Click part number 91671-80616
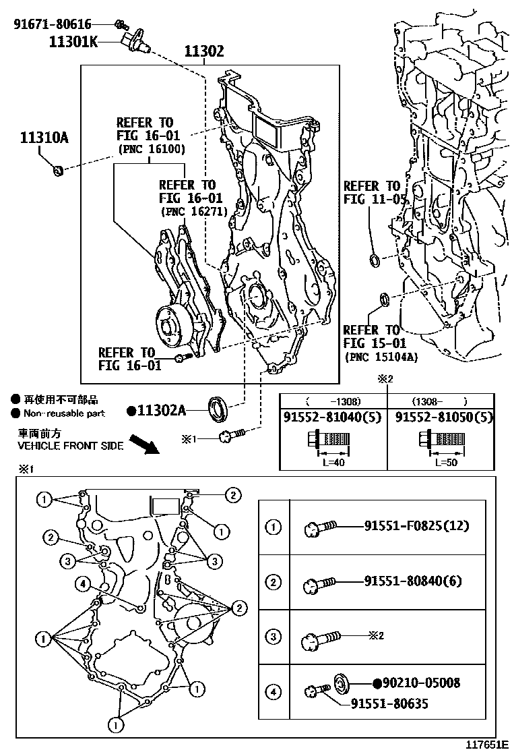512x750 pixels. click(x=53, y=25)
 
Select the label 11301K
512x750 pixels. click(x=73, y=42)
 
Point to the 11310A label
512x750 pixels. click(x=44, y=138)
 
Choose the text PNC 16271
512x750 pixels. click(x=191, y=212)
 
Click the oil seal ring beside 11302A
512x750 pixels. click(x=218, y=407)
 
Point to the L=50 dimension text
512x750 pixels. click(x=443, y=463)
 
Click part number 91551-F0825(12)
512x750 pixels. click(x=416, y=525)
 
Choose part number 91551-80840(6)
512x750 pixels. click(x=412, y=580)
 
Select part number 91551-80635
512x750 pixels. click(x=389, y=704)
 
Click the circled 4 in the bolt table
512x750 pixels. click(x=274, y=691)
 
